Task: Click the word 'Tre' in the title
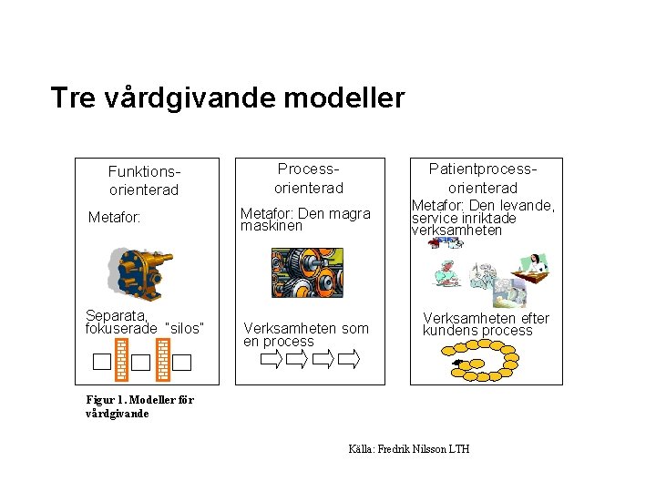[x=71, y=97]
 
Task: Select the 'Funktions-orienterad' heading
[x=144, y=180]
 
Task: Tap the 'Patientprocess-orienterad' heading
[x=484, y=179]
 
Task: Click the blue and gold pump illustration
[x=141, y=273]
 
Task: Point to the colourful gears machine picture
[x=308, y=272]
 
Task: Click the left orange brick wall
[x=121, y=359]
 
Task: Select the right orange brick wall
[x=163, y=359]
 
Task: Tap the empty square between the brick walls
[x=141, y=363]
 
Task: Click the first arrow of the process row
[x=272, y=360]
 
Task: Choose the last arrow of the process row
[x=349, y=360]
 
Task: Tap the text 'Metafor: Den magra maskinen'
[x=305, y=220]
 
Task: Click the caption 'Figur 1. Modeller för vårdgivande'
[x=139, y=406]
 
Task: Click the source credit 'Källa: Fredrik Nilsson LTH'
[x=409, y=449]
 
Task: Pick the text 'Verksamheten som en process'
[x=305, y=334]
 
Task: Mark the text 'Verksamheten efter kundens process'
[x=485, y=324]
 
